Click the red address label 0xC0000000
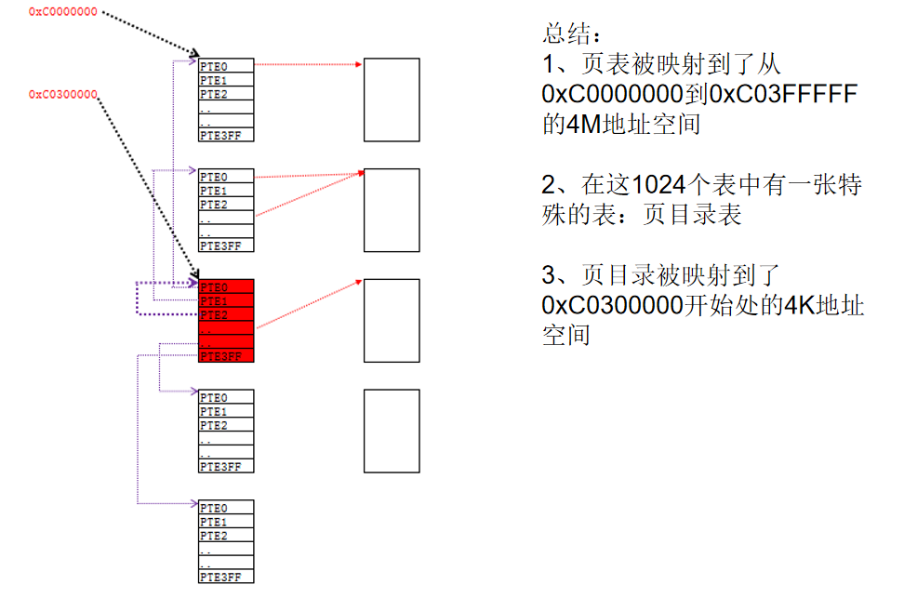click(62, 12)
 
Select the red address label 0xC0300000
click(62, 94)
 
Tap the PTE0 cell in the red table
click(214, 287)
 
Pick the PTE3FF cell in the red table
click(220, 356)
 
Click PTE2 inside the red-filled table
click(214, 315)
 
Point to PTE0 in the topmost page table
click(214, 66)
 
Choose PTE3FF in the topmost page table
click(220, 135)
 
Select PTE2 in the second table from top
click(214, 205)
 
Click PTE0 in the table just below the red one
click(214, 397)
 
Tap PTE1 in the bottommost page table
click(214, 522)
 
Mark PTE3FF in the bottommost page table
click(220, 577)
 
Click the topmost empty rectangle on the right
click(391, 100)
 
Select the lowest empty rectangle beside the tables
click(391, 431)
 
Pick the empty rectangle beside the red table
click(391, 320)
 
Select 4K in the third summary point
click(799, 306)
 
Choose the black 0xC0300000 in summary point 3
click(615, 306)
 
